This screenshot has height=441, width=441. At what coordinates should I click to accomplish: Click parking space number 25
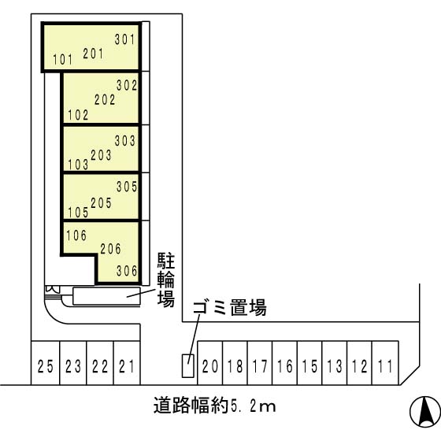(44, 365)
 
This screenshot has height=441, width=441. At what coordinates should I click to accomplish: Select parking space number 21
(127, 365)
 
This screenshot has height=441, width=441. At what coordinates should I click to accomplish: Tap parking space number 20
(209, 365)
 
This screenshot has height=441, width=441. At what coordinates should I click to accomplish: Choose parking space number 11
(384, 365)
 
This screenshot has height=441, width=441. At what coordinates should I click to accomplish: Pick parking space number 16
(285, 365)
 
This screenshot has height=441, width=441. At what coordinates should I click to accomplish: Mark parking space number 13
(335, 365)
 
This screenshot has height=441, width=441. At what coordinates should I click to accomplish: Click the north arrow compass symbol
(424, 410)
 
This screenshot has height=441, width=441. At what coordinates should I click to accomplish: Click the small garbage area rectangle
(187, 365)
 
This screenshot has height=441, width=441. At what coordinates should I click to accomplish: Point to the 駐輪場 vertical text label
(166, 279)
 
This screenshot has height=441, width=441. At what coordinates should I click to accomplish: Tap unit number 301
(125, 39)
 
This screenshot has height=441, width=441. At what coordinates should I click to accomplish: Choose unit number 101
(62, 60)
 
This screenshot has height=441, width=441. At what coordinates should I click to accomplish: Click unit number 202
(104, 100)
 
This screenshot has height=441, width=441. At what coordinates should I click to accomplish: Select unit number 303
(126, 141)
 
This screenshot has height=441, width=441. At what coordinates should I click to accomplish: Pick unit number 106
(77, 234)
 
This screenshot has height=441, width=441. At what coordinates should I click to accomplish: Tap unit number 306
(126, 270)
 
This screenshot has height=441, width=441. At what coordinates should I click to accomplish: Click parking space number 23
(72, 365)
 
